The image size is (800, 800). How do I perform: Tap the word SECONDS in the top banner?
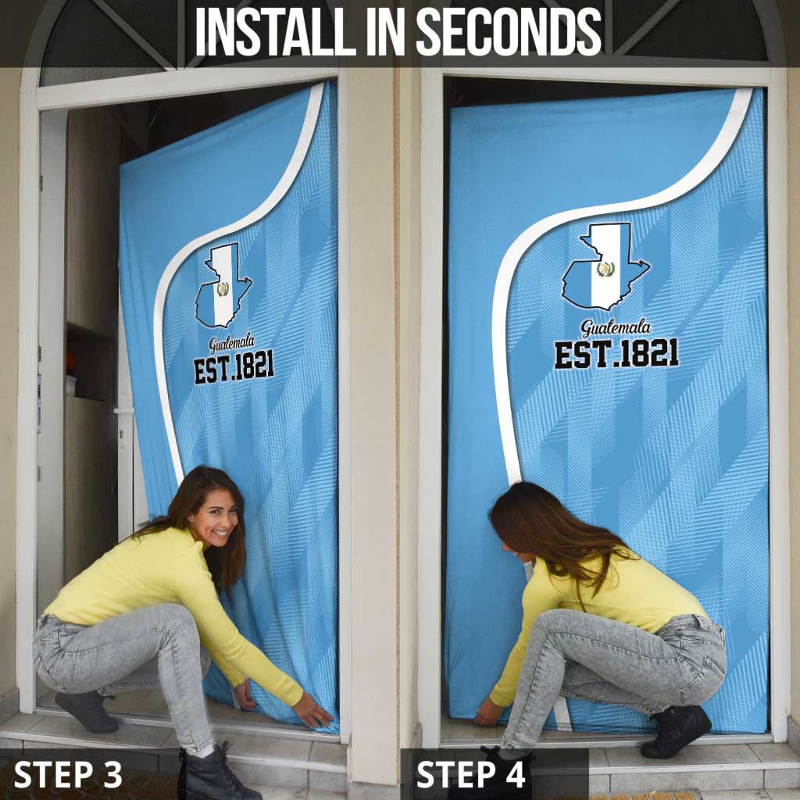509,31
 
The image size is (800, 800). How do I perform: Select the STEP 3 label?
68,774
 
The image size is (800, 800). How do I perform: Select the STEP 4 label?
470,774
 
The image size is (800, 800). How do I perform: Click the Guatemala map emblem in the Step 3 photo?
223,285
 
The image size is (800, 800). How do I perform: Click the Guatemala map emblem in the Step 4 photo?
605,267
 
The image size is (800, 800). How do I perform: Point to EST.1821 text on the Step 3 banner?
234,367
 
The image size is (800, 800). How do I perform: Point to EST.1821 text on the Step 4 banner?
616,353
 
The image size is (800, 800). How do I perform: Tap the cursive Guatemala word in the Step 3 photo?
231,345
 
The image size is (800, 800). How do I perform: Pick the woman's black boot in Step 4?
676,730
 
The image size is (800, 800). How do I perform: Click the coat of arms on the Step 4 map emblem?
605,269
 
